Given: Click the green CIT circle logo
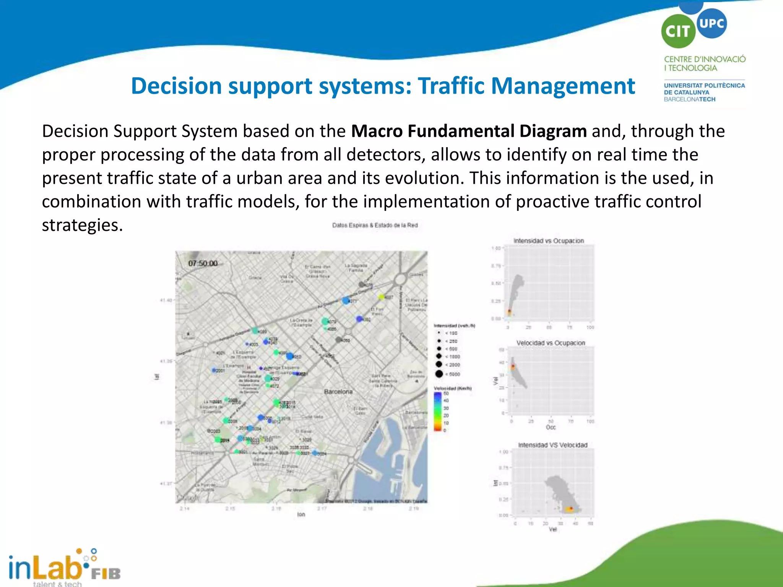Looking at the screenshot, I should point(678,31).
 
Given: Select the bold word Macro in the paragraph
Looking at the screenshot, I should point(376,131).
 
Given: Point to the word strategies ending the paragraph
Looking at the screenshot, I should point(82,225).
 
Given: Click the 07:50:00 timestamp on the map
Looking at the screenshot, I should point(203,263).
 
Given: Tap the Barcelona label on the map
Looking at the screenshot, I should point(338,392).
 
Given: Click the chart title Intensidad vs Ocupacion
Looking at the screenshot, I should point(549,241).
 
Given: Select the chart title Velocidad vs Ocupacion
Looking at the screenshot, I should point(551,343).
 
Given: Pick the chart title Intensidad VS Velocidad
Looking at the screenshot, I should point(552,445).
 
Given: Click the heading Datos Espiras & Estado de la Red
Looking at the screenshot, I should point(375,225).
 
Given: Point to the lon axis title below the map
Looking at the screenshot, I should point(301,514).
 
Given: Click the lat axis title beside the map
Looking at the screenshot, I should point(157,377).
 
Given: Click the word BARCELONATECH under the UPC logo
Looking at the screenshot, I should point(689,99).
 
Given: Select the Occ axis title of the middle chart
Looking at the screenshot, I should point(551,427).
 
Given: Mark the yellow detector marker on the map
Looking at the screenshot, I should point(381,297).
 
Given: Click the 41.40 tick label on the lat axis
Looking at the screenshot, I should point(166,300).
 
